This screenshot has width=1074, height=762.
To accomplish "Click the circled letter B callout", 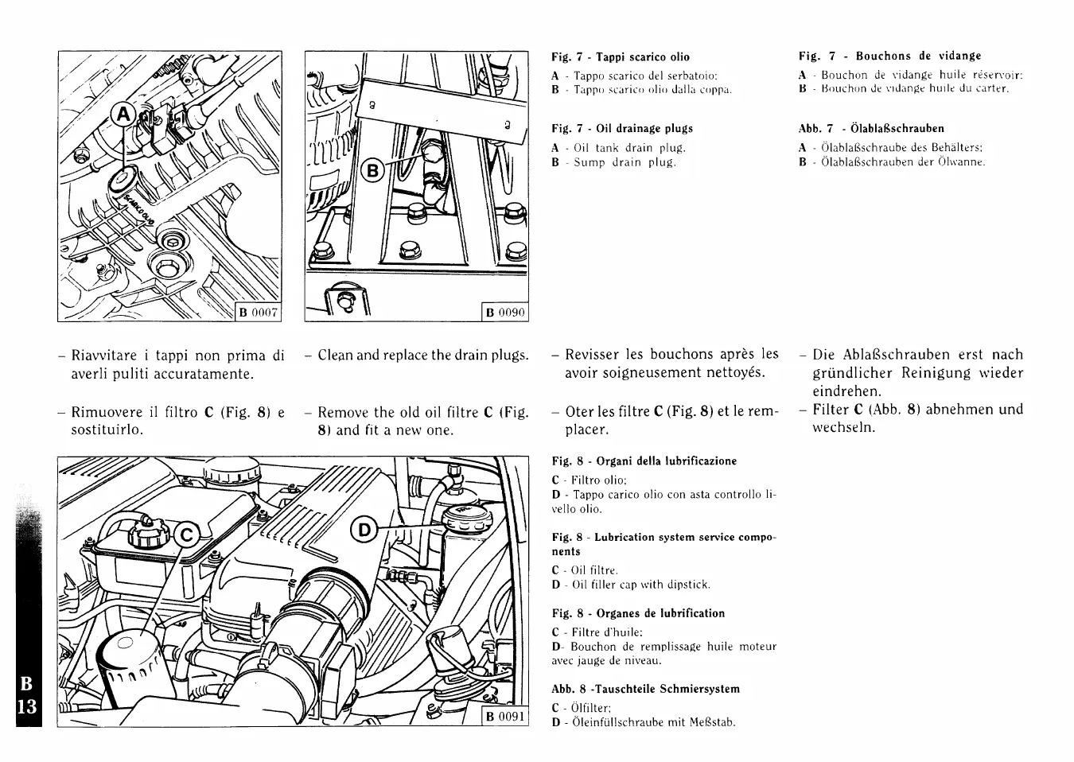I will [372, 169].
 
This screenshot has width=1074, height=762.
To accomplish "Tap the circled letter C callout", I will [185, 535].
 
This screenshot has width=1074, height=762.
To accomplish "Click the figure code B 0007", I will [259, 312].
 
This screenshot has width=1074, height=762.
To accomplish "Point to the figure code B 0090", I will [505, 312].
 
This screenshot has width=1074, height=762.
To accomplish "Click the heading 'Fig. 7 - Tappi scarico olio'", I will [621, 57].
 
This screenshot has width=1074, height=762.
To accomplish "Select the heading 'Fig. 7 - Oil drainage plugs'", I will [622, 129].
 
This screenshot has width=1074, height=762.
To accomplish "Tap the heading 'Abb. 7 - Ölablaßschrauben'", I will [871, 129].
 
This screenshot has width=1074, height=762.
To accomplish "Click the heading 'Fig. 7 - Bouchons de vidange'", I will [889, 56].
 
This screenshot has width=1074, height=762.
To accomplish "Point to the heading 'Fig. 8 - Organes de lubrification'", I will [638, 614].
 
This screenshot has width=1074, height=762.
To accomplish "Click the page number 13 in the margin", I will [26, 706].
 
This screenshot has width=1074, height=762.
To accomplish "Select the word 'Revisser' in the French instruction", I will [594, 355].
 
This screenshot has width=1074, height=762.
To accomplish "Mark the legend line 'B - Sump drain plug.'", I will [613, 162].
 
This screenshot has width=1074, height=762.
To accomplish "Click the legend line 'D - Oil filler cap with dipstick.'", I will [630, 585].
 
